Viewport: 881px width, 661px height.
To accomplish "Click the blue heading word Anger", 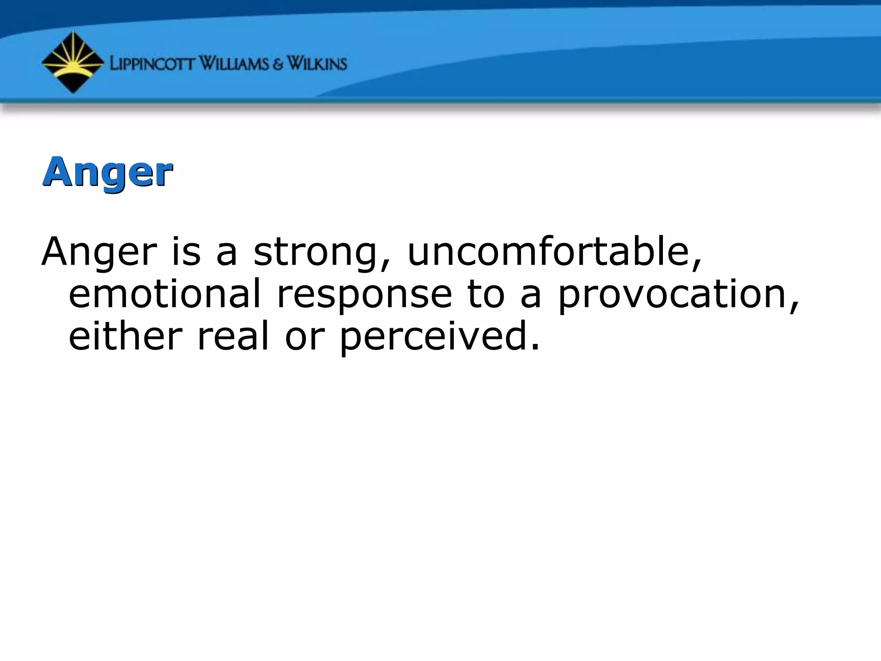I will tap(108, 173).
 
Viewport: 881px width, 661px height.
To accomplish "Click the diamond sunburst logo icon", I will tap(73, 62).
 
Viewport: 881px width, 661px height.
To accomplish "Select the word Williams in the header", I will tap(234, 64).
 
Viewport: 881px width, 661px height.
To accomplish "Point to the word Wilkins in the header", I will tap(317, 64).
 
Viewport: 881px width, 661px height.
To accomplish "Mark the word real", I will tap(233, 336).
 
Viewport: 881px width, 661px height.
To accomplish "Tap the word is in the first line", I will tap(186, 251).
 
